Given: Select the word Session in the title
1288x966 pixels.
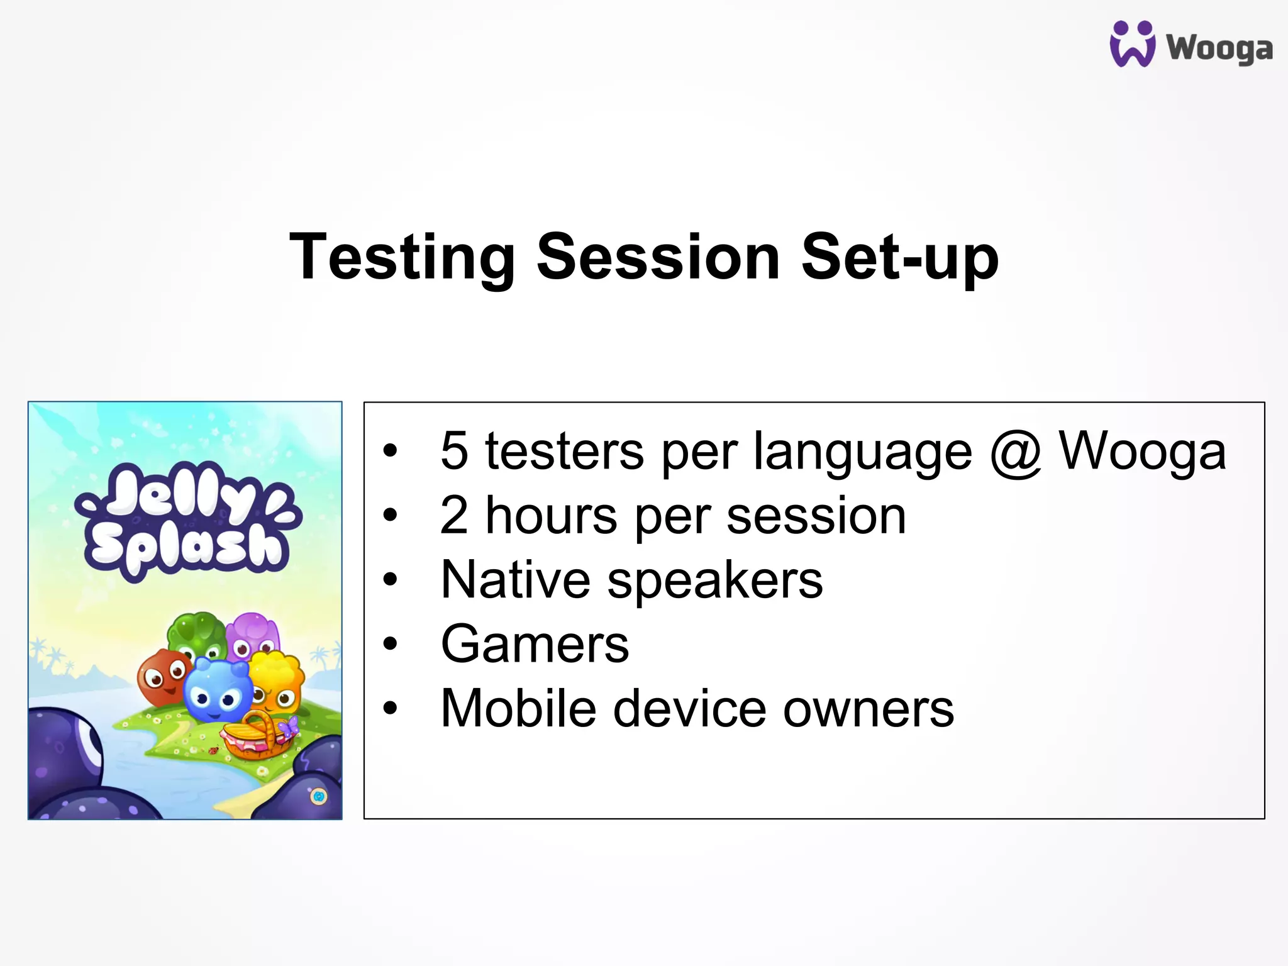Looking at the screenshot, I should tap(658, 257).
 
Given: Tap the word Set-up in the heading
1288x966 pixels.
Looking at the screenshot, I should tap(899, 257).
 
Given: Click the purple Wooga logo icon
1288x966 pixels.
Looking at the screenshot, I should tap(1132, 44).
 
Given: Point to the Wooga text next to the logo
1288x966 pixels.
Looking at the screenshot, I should tap(1219, 48).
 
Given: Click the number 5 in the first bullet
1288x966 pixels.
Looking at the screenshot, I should tap(454, 450).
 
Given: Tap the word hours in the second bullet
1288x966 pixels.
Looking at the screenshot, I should tap(551, 516).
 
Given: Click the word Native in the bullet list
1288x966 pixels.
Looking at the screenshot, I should tap(514, 580).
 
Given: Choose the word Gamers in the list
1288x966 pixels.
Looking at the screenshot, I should tap(535, 644).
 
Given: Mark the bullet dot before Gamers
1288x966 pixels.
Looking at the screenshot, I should tap(391, 643).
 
